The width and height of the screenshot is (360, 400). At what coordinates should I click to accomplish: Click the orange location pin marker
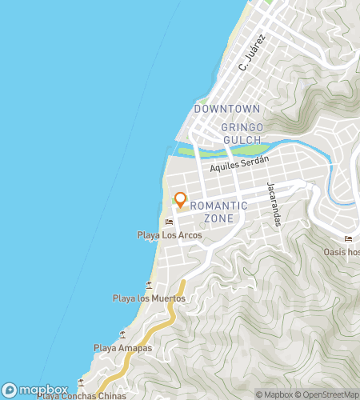click(x=181, y=199)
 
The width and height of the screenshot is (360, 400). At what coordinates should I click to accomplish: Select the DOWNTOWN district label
click(x=227, y=108)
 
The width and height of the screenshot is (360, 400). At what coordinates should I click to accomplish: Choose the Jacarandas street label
click(x=276, y=202)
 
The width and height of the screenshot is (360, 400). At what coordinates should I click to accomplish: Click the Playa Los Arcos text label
click(x=169, y=235)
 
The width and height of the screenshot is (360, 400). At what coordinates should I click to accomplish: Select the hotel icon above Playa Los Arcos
click(x=169, y=222)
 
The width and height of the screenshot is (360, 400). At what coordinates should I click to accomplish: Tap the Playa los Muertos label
click(x=149, y=298)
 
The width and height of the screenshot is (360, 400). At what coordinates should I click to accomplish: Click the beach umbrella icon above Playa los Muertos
click(x=149, y=285)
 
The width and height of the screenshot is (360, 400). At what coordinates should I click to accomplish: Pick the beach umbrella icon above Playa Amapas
click(x=122, y=334)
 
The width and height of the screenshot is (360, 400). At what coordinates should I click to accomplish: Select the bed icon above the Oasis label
click(x=347, y=238)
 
